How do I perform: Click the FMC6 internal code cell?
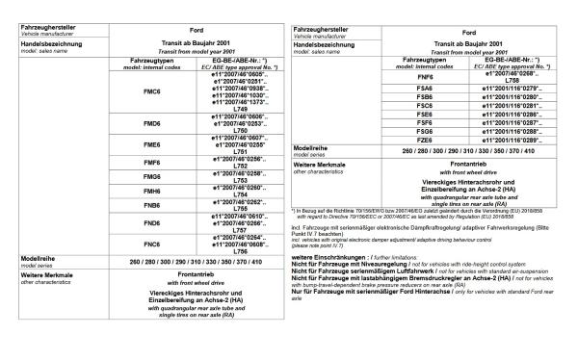coord(150,91)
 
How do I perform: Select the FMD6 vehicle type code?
coord(150,124)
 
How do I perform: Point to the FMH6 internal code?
coord(150,191)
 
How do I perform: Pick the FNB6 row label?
coord(150,204)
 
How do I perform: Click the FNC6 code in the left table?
coord(150,244)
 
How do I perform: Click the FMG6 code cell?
coord(150,177)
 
